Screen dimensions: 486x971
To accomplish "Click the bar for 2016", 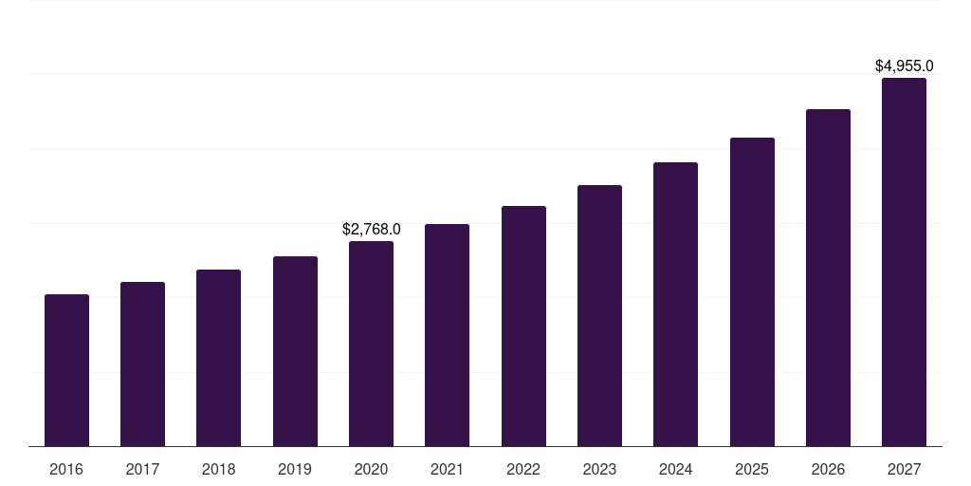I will click(x=66, y=370).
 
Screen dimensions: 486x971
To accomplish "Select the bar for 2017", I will click(x=142, y=364).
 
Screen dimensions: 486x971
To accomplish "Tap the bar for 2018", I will click(x=218, y=358).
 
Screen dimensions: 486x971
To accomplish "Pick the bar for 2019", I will click(x=295, y=351).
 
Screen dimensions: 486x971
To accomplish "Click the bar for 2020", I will click(x=371, y=344).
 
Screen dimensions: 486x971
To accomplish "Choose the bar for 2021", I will click(x=447, y=335).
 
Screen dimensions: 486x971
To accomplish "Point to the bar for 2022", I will click(x=523, y=327).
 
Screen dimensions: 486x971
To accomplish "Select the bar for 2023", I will click(x=599, y=316).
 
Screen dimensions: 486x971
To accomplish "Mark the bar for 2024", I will click(x=675, y=305).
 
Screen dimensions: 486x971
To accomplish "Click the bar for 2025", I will click(x=752, y=292).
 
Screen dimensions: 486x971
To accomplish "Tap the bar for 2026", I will click(x=828, y=278).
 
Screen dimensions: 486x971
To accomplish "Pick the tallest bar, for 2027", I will click(x=904, y=262).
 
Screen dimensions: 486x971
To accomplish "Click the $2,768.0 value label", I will click(x=371, y=230).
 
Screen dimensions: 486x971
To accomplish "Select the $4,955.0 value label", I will click(x=904, y=66).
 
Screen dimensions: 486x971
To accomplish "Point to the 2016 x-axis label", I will click(x=66, y=470).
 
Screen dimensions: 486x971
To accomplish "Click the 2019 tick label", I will click(x=295, y=470).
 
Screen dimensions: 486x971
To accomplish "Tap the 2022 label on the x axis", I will click(x=523, y=470).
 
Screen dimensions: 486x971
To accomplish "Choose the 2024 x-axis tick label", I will click(x=675, y=470).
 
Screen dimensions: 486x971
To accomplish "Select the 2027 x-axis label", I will click(x=904, y=470).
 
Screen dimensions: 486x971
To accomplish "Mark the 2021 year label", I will click(x=447, y=470).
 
